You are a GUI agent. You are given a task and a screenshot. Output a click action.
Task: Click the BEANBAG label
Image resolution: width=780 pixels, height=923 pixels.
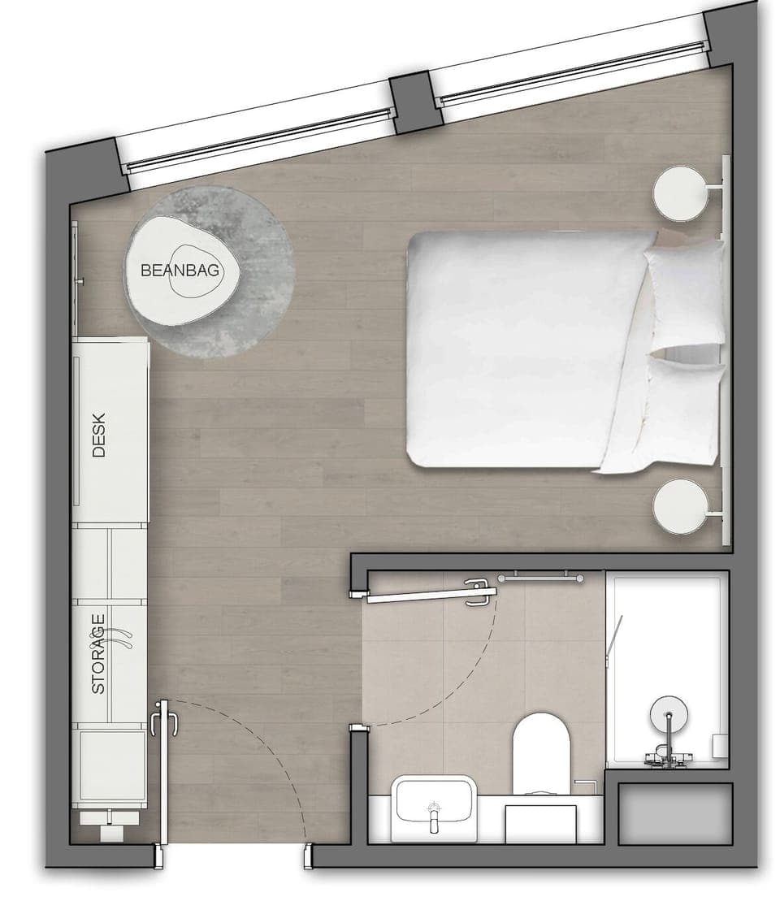pyautogui.click(x=180, y=271)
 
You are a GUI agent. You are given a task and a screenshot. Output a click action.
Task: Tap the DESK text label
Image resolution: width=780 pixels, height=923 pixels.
pyautogui.click(x=99, y=435)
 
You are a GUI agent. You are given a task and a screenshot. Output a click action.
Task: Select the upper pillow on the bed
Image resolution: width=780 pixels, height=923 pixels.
pyautogui.click(x=684, y=293)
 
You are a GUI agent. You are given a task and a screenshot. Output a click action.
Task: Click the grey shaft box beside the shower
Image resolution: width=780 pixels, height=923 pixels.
pyautogui.click(x=674, y=813)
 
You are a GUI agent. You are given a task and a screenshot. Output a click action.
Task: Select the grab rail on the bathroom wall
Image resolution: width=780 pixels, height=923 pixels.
pyautogui.click(x=539, y=578)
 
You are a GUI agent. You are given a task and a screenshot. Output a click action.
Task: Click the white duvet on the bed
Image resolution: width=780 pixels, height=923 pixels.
pyautogui.click(x=520, y=349)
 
